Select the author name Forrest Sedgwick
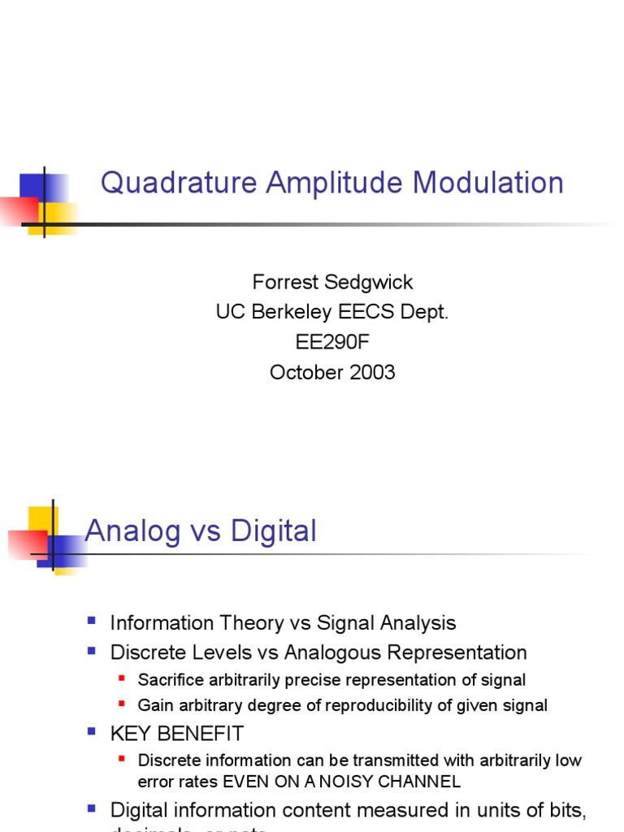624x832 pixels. pyautogui.click(x=332, y=282)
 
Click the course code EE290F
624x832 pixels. pyautogui.click(x=332, y=342)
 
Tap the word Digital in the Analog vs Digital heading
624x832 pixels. pyautogui.click(x=273, y=532)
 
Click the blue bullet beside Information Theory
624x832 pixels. pyautogui.click(x=92, y=622)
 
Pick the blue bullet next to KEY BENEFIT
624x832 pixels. pyautogui.click(x=92, y=732)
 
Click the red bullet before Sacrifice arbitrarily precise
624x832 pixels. pyautogui.click(x=122, y=678)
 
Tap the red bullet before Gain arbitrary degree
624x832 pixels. pyautogui.click(x=122, y=704)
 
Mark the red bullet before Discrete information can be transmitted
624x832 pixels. pyautogui.click(x=122, y=759)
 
